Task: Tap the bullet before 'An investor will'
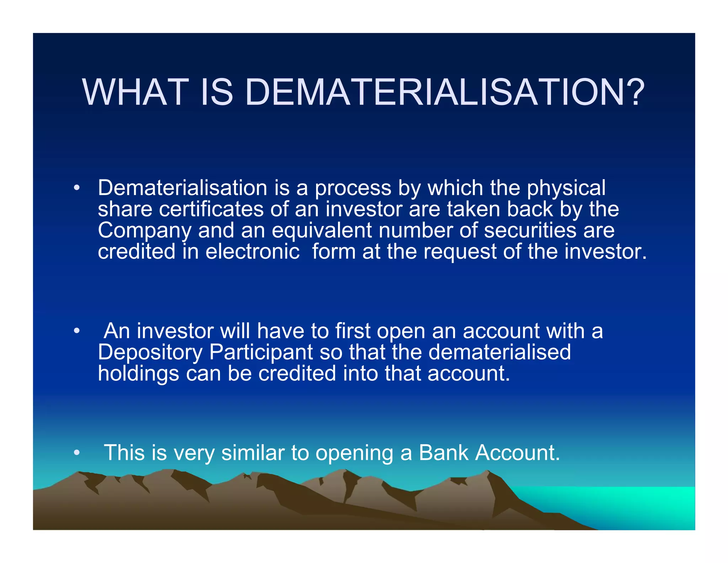click(x=76, y=331)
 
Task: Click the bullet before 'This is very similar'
click(x=76, y=453)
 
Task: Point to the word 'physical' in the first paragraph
click(x=566, y=189)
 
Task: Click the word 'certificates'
click(x=211, y=209)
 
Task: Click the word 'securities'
click(x=530, y=231)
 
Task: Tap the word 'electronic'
click(x=252, y=252)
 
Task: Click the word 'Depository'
click(x=150, y=353)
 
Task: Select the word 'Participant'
click(x=261, y=353)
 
